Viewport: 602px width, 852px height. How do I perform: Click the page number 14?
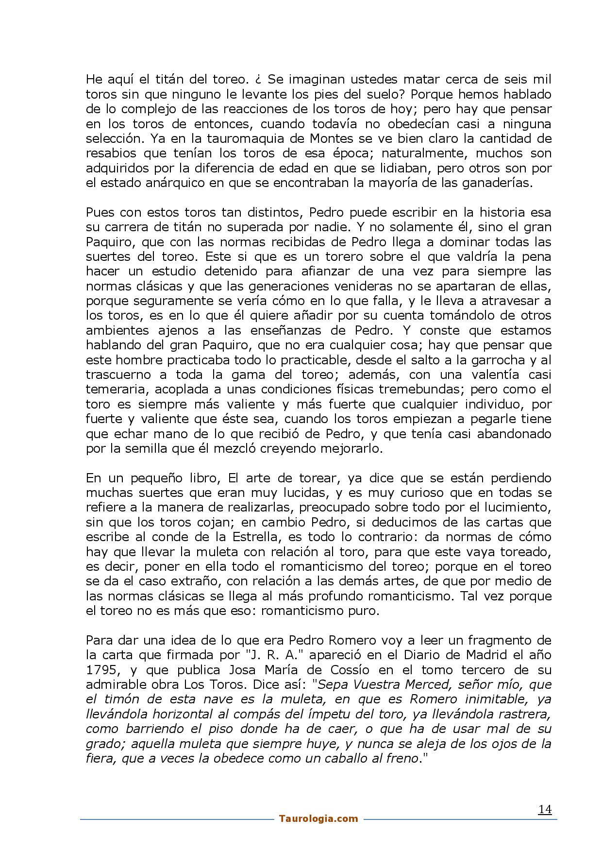[545, 809]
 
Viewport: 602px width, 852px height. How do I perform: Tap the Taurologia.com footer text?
[318, 818]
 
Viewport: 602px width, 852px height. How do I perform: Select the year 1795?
[101, 670]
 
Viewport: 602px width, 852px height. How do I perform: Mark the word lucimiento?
[516, 508]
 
